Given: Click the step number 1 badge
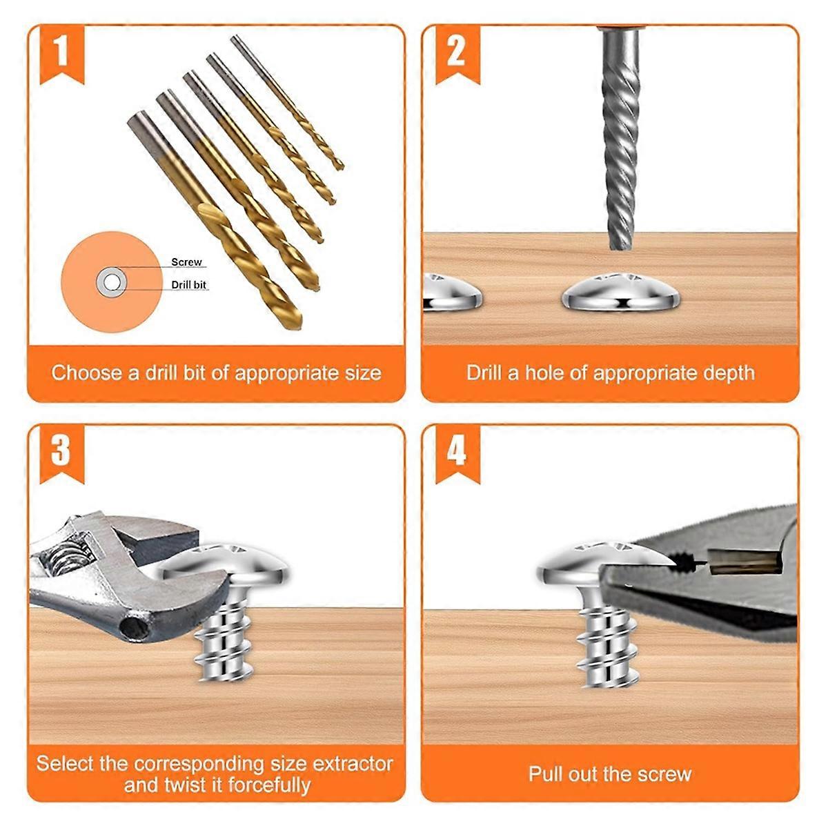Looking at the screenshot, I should pos(61,52).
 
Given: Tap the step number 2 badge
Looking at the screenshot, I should pos(456,52).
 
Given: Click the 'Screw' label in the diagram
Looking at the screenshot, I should pos(186,262).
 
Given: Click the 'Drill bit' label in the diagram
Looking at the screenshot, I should pos(188,284).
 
